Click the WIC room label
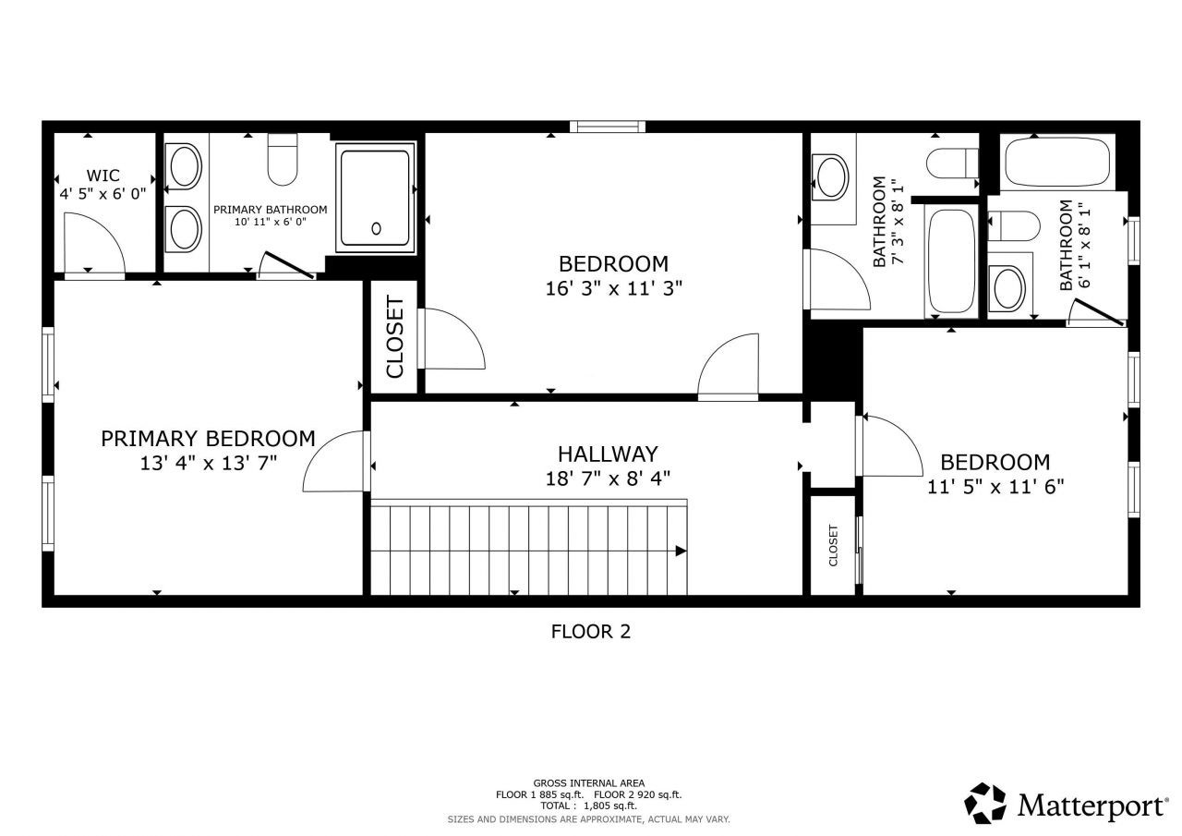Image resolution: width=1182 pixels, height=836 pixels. (x=103, y=176)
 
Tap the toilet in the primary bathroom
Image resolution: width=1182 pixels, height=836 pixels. (x=283, y=160)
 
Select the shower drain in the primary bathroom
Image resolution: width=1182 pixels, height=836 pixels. (x=376, y=228)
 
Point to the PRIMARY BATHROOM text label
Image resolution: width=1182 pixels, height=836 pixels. (x=270, y=210)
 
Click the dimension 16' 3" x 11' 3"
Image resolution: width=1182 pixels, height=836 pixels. (x=613, y=288)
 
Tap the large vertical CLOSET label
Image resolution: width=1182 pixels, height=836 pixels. (x=395, y=337)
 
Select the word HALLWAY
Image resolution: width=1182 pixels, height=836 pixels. (x=608, y=454)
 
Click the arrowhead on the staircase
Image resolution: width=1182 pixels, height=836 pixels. (x=681, y=551)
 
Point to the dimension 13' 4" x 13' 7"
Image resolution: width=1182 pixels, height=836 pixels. (x=208, y=463)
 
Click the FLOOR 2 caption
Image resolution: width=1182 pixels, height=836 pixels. (x=590, y=632)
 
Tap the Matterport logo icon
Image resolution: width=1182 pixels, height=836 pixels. (x=985, y=803)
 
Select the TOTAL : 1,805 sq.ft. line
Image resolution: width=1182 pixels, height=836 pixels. (x=589, y=806)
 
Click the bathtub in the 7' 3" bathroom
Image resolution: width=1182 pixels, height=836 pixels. (x=950, y=261)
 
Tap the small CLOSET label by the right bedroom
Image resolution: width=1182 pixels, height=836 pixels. (x=833, y=546)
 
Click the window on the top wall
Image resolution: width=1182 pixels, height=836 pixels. (x=607, y=127)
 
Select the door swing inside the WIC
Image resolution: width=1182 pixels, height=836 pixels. (x=92, y=242)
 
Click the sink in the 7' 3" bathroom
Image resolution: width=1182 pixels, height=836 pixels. (x=830, y=175)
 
